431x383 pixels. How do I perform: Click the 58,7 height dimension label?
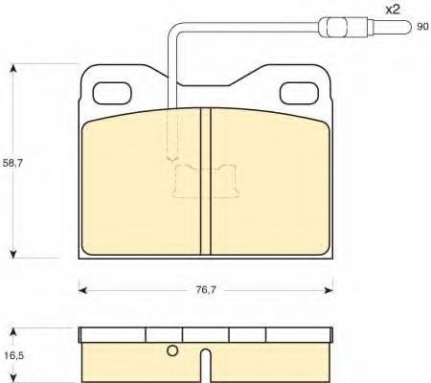pyautogui.click(x=12, y=164)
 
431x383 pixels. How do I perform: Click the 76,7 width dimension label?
pyautogui.click(x=206, y=290)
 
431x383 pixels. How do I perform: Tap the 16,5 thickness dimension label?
pyautogui.click(x=14, y=355)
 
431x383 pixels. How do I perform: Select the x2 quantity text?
pyautogui.click(x=393, y=10)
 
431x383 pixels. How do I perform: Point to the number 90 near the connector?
pyautogui.click(x=422, y=27)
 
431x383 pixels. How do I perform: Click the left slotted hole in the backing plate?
pyautogui.click(x=112, y=93)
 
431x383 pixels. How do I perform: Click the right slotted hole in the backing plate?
pyautogui.click(x=299, y=93)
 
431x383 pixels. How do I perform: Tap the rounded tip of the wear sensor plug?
pyautogui.click(x=407, y=27)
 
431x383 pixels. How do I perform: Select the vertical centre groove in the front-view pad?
pyautogui.click(x=206, y=181)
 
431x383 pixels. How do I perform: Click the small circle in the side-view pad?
pyautogui.click(x=172, y=350)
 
